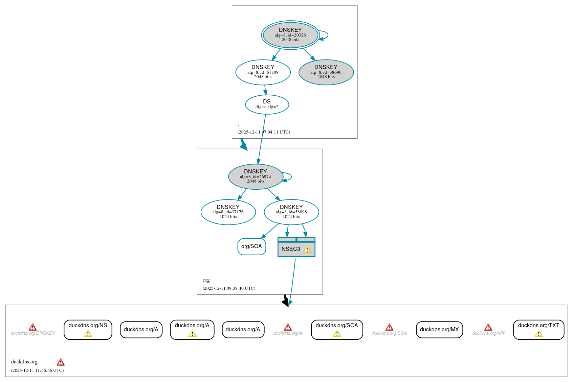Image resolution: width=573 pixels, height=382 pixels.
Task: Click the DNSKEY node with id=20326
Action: (x=290, y=35)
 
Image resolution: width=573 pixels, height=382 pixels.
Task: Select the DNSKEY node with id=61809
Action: (x=263, y=72)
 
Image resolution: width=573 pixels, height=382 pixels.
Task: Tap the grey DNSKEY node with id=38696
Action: (x=326, y=72)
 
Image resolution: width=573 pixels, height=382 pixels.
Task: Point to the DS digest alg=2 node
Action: (x=267, y=104)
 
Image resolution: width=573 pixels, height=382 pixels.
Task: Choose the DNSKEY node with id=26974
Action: (x=255, y=176)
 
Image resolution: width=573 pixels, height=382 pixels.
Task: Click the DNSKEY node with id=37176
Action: (x=228, y=212)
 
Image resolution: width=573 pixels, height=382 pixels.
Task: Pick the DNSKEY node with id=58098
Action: (x=291, y=212)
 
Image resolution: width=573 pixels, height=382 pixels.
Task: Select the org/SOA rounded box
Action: (x=251, y=246)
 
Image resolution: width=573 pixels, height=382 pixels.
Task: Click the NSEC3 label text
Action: (x=290, y=249)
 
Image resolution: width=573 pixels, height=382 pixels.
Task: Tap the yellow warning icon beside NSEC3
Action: (x=307, y=250)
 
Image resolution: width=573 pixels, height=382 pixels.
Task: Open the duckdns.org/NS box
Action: (x=88, y=329)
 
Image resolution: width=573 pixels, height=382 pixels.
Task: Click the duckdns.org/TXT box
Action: (x=538, y=329)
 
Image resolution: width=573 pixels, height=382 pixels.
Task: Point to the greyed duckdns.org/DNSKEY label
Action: (x=33, y=333)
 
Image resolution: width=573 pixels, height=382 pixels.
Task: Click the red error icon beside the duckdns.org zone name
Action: (x=61, y=362)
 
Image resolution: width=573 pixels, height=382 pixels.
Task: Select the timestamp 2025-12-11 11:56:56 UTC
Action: (x=37, y=371)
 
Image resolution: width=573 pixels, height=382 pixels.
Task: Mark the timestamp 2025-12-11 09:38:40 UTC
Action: (x=229, y=288)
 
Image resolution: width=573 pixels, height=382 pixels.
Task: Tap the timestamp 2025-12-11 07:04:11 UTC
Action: (x=264, y=132)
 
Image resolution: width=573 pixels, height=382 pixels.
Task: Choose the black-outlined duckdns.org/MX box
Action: (x=439, y=330)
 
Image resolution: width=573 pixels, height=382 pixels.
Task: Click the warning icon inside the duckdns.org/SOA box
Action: (x=337, y=334)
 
